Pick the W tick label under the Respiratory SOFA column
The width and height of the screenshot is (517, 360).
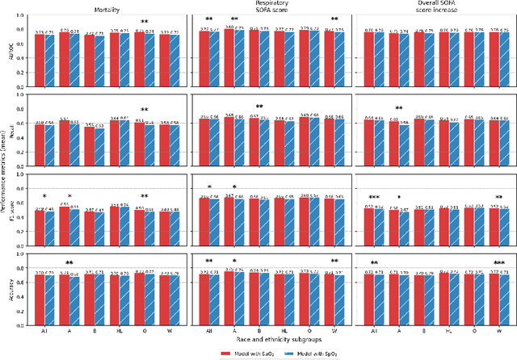[334, 331]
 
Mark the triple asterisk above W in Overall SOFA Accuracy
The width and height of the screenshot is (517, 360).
[498, 262]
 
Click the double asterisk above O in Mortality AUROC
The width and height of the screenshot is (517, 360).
[145, 22]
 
